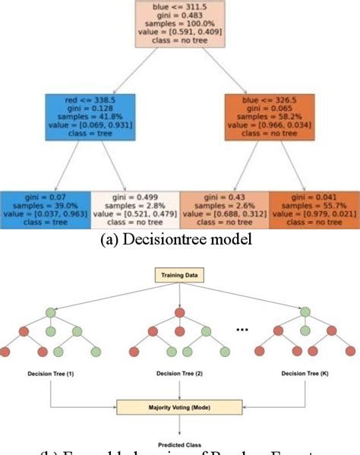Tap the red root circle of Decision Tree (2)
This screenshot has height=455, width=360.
179,313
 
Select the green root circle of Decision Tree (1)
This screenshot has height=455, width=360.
50,313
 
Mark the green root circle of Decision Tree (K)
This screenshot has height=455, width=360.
305,313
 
